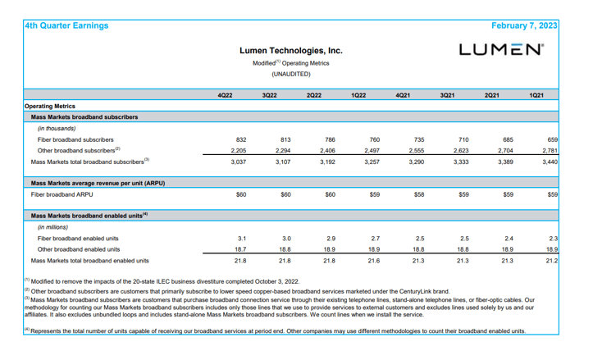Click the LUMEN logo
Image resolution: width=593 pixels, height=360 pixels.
[500, 49]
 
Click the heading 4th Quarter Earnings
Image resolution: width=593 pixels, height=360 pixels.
[66, 25]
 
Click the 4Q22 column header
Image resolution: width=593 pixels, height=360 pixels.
[225, 96]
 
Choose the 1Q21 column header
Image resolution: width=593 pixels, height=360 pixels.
[536, 96]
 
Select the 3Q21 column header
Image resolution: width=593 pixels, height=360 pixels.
[447, 96]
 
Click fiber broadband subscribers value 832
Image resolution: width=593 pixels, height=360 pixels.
[240, 140]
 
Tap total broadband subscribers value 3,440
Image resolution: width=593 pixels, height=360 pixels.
[550, 162]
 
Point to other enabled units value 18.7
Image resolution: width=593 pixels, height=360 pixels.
[241, 249]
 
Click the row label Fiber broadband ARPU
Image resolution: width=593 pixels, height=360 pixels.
[62, 195]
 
